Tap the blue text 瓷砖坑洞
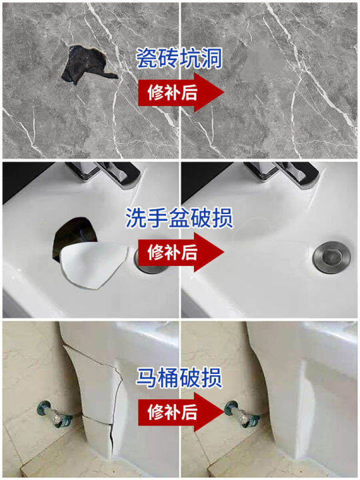[x=179, y=58]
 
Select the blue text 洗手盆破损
[x=179, y=217]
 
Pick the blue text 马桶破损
[x=180, y=377]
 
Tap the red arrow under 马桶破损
[x=180, y=411]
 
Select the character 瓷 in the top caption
[x=147, y=58]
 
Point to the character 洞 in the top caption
[x=212, y=58]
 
